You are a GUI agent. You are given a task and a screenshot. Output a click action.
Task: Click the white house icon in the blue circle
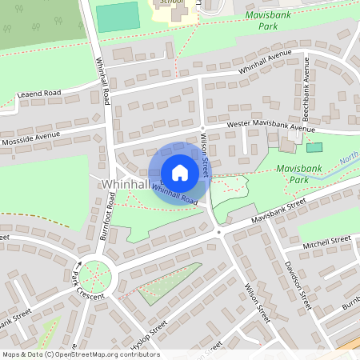tap(180, 173)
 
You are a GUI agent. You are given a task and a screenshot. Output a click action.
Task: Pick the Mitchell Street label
tap(327, 239)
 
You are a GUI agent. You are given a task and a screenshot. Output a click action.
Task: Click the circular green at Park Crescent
tap(97, 277)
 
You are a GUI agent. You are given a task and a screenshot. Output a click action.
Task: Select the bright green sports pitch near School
tap(117, 17)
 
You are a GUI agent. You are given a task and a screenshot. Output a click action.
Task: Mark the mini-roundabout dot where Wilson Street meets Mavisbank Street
tap(218, 233)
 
